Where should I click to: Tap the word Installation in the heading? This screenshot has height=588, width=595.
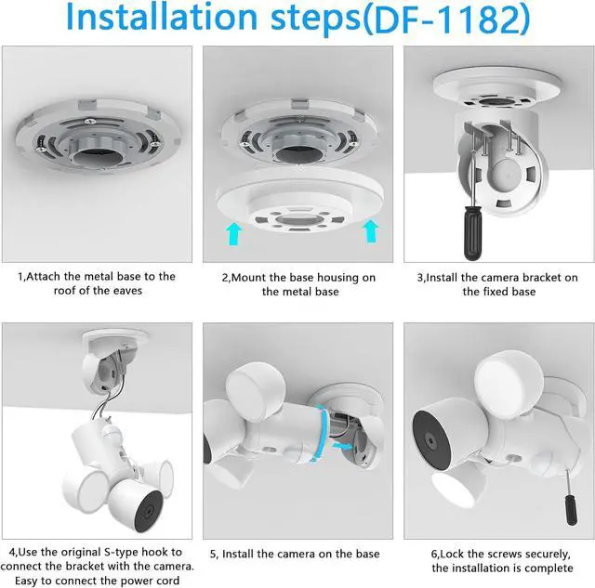click(x=162, y=17)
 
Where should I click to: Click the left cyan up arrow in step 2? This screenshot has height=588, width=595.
click(x=234, y=234)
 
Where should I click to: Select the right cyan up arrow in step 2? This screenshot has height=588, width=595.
click(x=370, y=231)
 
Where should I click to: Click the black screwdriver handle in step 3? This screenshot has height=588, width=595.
click(x=473, y=234)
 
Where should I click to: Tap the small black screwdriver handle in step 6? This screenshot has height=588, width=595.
click(x=571, y=510)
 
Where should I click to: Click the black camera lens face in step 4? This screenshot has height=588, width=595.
click(x=149, y=511)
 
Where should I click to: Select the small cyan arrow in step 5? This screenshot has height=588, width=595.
click(x=344, y=447)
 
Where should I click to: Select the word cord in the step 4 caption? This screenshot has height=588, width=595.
click(x=167, y=581)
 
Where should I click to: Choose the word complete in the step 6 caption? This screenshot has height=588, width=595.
click(x=548, y=568)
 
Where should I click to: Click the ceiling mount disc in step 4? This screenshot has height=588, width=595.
click(x=115, y=336)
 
